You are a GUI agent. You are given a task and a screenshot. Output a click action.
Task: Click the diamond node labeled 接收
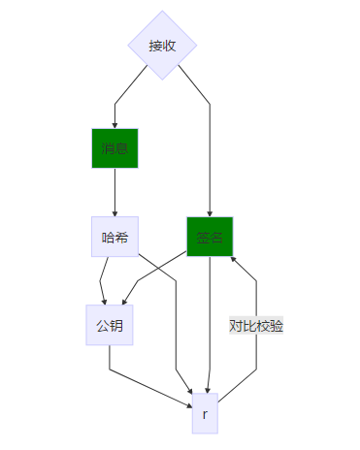pos(162,46)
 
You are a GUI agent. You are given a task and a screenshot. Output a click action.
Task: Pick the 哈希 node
pos(115,237)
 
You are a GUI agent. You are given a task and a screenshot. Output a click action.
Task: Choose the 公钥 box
pos(109,325)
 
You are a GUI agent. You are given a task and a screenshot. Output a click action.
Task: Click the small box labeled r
pos(205,414)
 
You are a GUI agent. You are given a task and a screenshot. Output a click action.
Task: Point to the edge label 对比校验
pos(256,326)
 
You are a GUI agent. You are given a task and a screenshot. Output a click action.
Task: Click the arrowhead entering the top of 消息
pos(115,125)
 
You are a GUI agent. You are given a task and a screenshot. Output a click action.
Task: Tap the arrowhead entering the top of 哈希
pos(115,212)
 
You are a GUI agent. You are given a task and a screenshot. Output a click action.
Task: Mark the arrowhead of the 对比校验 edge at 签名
pos(232,256)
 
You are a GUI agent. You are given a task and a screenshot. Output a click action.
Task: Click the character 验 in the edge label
pos(277,326)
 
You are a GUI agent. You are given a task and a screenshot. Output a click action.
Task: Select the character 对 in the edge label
pos(236,326)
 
